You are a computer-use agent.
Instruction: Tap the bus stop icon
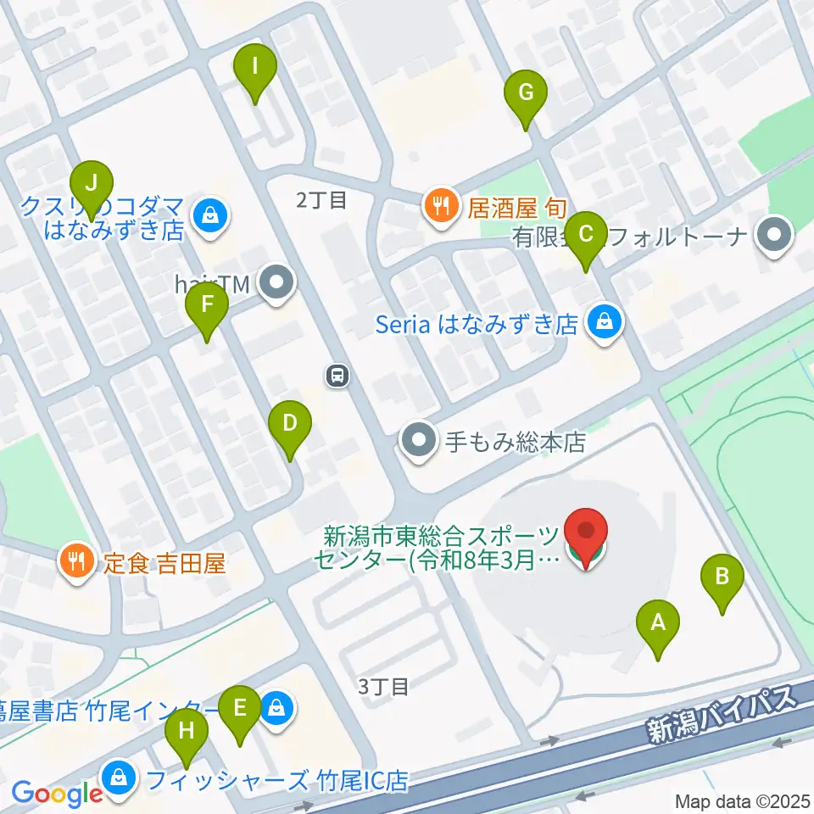tap(337, 375)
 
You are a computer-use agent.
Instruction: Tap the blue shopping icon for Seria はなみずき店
tap(604, 323)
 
